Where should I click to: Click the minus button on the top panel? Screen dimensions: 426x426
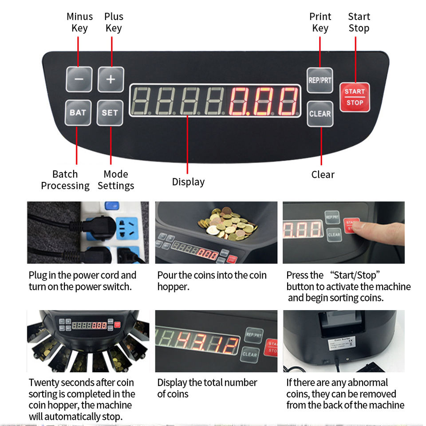click(x=79, y=79)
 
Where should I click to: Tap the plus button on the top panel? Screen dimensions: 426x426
click(x=110, y=79)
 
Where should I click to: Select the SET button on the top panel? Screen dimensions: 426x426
click(x=110, y=113)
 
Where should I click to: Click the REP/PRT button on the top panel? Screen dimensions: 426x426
click(x=319, y=80)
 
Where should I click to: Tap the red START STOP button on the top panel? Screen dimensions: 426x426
click(x=355, y=97)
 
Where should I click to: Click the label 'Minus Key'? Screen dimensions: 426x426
click(x=79, y=22)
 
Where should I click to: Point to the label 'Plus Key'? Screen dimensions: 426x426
click(x=114, y=22)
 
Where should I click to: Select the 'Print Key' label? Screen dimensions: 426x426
click(x=320, y=22)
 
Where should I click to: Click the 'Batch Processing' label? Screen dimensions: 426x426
click(x=65, y=180)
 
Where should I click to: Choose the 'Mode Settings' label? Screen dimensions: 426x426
click(x=116, y=180)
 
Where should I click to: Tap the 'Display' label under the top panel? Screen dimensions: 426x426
click(x=188, y=182)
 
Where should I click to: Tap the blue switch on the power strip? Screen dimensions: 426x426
click(x=111, y=206)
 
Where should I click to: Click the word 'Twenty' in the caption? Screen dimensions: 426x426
click(x=43, y=383)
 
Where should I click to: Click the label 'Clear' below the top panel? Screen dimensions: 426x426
click(x=323, y=174)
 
